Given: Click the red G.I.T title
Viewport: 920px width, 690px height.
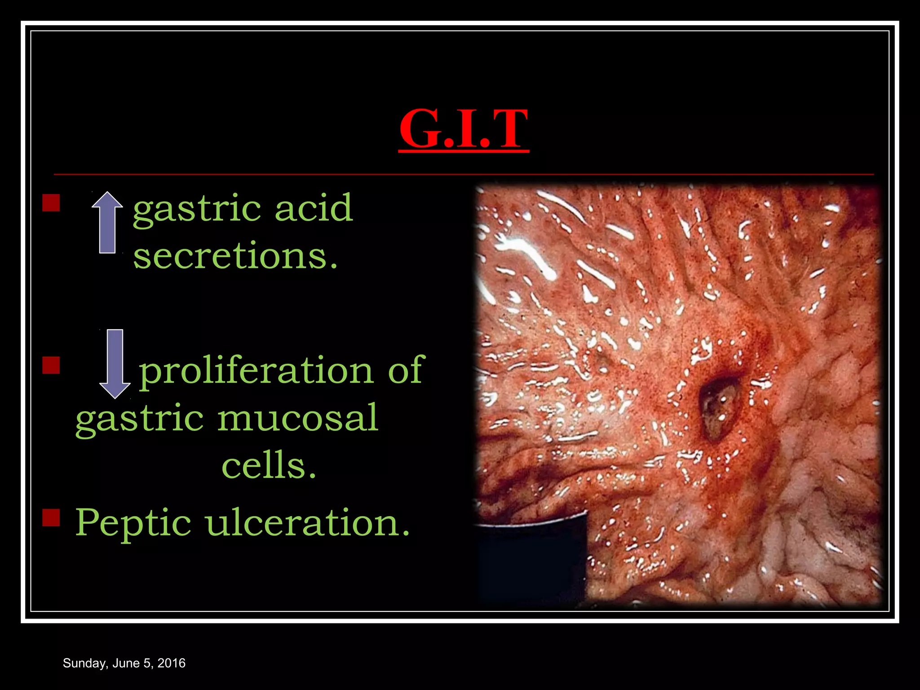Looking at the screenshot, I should (464, 129).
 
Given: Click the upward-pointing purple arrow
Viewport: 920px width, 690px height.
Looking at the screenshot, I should (107, 222).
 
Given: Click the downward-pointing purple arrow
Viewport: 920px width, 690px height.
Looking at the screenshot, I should (115, 363).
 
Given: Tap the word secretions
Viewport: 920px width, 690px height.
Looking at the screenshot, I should (235, 255).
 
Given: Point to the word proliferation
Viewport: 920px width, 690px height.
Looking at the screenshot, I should (256, 370).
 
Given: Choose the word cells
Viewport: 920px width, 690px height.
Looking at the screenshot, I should (269, 465).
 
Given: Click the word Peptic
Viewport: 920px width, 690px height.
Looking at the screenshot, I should (133, 523).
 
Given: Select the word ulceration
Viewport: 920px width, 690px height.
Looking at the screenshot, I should (308, 523).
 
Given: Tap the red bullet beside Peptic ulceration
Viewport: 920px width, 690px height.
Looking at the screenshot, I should (51, 517).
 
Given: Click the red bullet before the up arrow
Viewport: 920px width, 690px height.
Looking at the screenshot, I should (51, 203).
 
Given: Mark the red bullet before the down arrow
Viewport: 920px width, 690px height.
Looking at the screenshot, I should (51, 365).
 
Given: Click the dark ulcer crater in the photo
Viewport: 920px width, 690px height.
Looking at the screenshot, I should (719, 407).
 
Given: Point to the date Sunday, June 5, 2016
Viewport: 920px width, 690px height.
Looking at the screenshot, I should (124, 663).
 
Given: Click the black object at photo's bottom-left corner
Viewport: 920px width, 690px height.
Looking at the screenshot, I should (532, 562).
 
